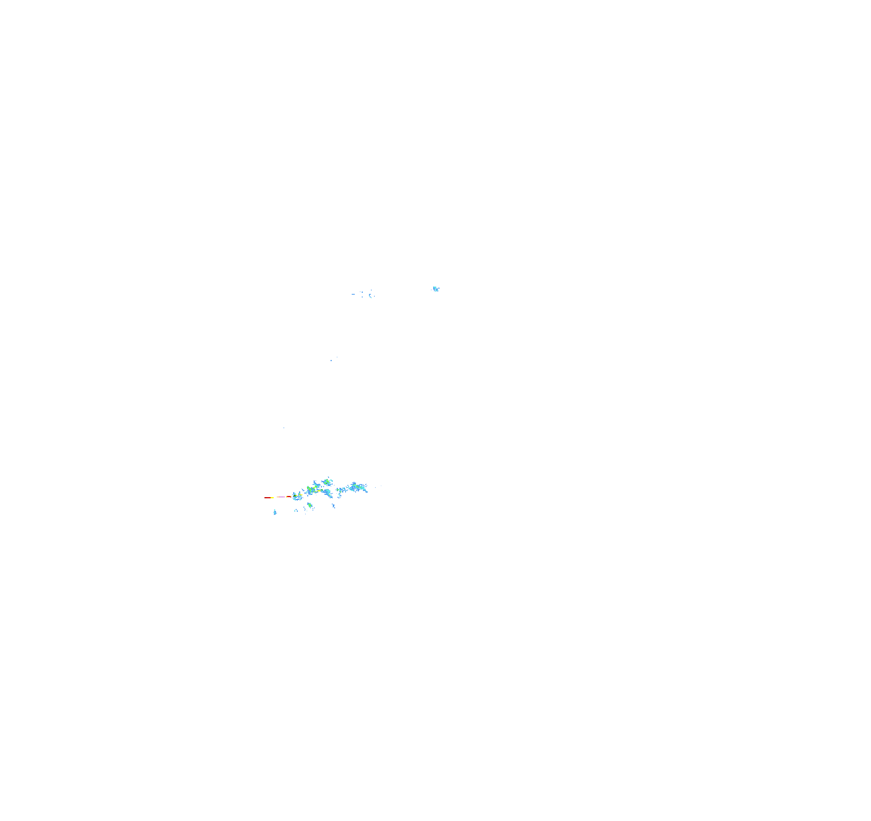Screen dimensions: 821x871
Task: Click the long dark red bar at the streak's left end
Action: [x=267, y=498]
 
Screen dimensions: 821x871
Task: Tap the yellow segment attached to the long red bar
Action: [x=272, y=498]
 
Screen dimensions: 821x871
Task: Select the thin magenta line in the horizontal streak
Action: [x=282, y=498]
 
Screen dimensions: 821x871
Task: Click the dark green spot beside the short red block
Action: [x=294, y=496]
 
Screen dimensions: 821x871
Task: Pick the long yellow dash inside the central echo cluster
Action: [x=319, y=491]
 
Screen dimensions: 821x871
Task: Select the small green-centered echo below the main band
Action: [x=310, y=505]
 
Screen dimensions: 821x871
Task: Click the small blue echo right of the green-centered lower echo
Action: [x=333, y=506]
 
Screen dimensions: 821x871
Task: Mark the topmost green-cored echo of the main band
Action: [x=327, y=483]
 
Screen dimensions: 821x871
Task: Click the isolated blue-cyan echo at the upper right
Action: [x=435, y=289]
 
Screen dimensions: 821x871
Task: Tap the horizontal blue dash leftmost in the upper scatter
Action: [x=353, y=294]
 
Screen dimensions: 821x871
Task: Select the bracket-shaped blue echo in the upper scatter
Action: [x=370, y=295]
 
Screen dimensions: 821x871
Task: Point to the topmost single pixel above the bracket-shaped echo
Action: [x=372, y=290]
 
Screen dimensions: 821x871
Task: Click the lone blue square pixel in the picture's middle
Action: [x=331, y=360]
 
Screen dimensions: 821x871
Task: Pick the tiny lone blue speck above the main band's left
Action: [x=284, y=428]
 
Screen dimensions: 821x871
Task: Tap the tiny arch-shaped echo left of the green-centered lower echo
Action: [x=296, y=511]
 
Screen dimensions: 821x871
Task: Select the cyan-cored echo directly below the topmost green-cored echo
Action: [x=328, y=493]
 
